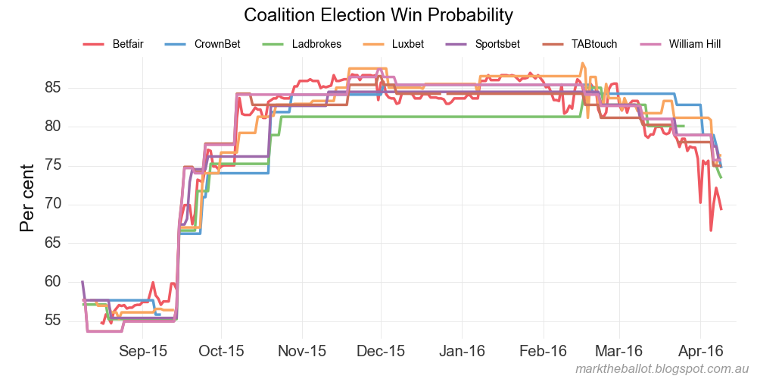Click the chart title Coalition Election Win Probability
click(x=378, y=15)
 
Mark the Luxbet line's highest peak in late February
click(x=582, y=64)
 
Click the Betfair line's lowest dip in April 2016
click(x=711, y=230)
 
